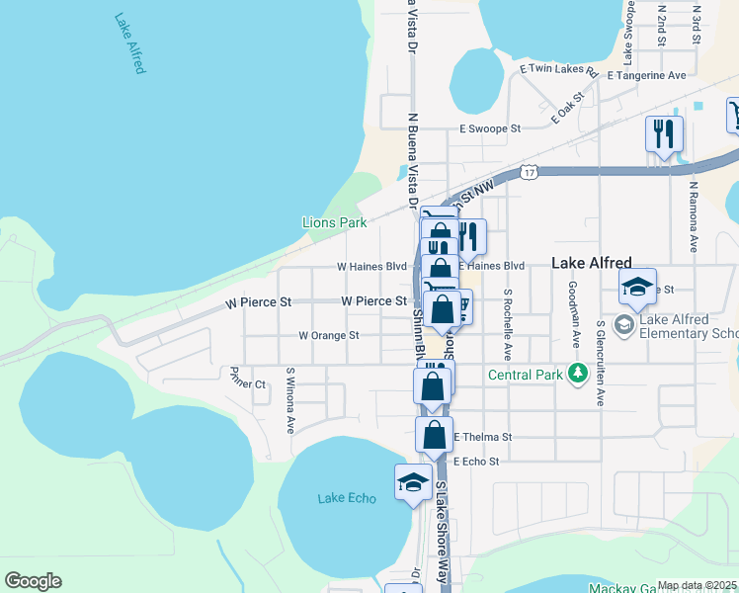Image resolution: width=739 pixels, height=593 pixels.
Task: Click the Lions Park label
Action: [334, 223]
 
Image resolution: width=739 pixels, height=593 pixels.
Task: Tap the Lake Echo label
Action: [347, 498]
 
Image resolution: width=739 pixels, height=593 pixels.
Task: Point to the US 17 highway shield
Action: [531, 172]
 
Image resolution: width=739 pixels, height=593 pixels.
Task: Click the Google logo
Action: [33, 581]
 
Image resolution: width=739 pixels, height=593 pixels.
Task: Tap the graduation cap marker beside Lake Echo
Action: [412, 483]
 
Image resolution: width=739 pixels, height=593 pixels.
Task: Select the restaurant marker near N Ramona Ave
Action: [663, 132]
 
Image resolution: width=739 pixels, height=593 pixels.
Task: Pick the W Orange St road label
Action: [329, 336]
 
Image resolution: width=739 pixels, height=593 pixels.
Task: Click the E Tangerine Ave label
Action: [647, 75]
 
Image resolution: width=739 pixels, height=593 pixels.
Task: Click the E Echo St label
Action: [478, 462]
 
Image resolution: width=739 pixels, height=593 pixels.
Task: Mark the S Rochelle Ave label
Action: [508, 323]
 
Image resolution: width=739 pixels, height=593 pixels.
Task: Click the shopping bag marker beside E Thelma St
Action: [434, 435]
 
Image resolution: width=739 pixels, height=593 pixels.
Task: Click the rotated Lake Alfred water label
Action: [129, 43]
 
